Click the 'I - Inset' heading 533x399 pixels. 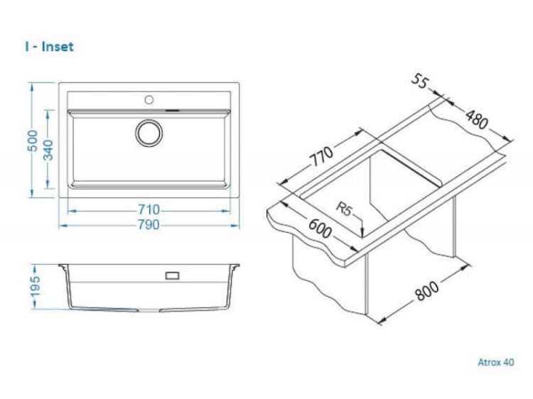click(x=49, y=47)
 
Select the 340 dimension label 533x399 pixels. click(x=48, y=150)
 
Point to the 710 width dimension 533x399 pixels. click(x=149, y=209)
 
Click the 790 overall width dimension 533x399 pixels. click(x=149, y=224)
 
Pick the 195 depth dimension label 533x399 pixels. click(x=35, y=287)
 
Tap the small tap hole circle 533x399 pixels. click(x=149, y=100)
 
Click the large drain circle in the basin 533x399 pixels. click(x=149, y=133)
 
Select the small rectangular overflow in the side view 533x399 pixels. click(x=173, y=275)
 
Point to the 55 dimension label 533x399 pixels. click(x=421, y=82)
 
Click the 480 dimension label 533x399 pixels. click(x=477, y=119)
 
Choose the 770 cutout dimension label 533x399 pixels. click(x=322, y=156)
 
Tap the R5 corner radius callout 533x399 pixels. click(x=344, y=208)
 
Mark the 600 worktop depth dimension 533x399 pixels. click(x=320, y=228)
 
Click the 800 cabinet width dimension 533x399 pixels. click(x=427, y=290)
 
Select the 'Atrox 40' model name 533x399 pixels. click(x=496, y=362)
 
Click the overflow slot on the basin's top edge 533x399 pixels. click(x=173, y=110)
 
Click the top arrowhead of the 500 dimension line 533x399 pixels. click(x=32, y=87)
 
